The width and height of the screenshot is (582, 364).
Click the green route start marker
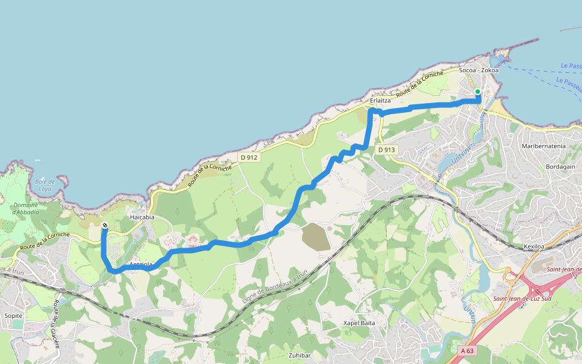[x=478, y=92]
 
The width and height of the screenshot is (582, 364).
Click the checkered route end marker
[x=105, y=226]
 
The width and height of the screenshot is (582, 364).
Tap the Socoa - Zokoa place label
[x=479, y=70]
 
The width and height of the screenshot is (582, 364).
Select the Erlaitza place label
[x=380, y=100]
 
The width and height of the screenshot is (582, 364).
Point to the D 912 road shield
[x=249, y=158]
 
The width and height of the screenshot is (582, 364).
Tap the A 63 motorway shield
[x=466, y=351]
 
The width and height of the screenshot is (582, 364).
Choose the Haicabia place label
[x=142, y=217]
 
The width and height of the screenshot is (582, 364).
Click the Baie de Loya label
[x=45, y=185]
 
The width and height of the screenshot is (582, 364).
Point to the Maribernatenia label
[x=543, y=146]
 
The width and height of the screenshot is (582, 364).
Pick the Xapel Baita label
[x=360, y=323]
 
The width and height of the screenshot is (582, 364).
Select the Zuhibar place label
[x=301, y=355]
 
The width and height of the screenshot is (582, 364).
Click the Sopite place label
[x=13, y=316]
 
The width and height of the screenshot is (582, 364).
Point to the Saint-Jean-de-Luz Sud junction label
[x=521, y=298]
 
